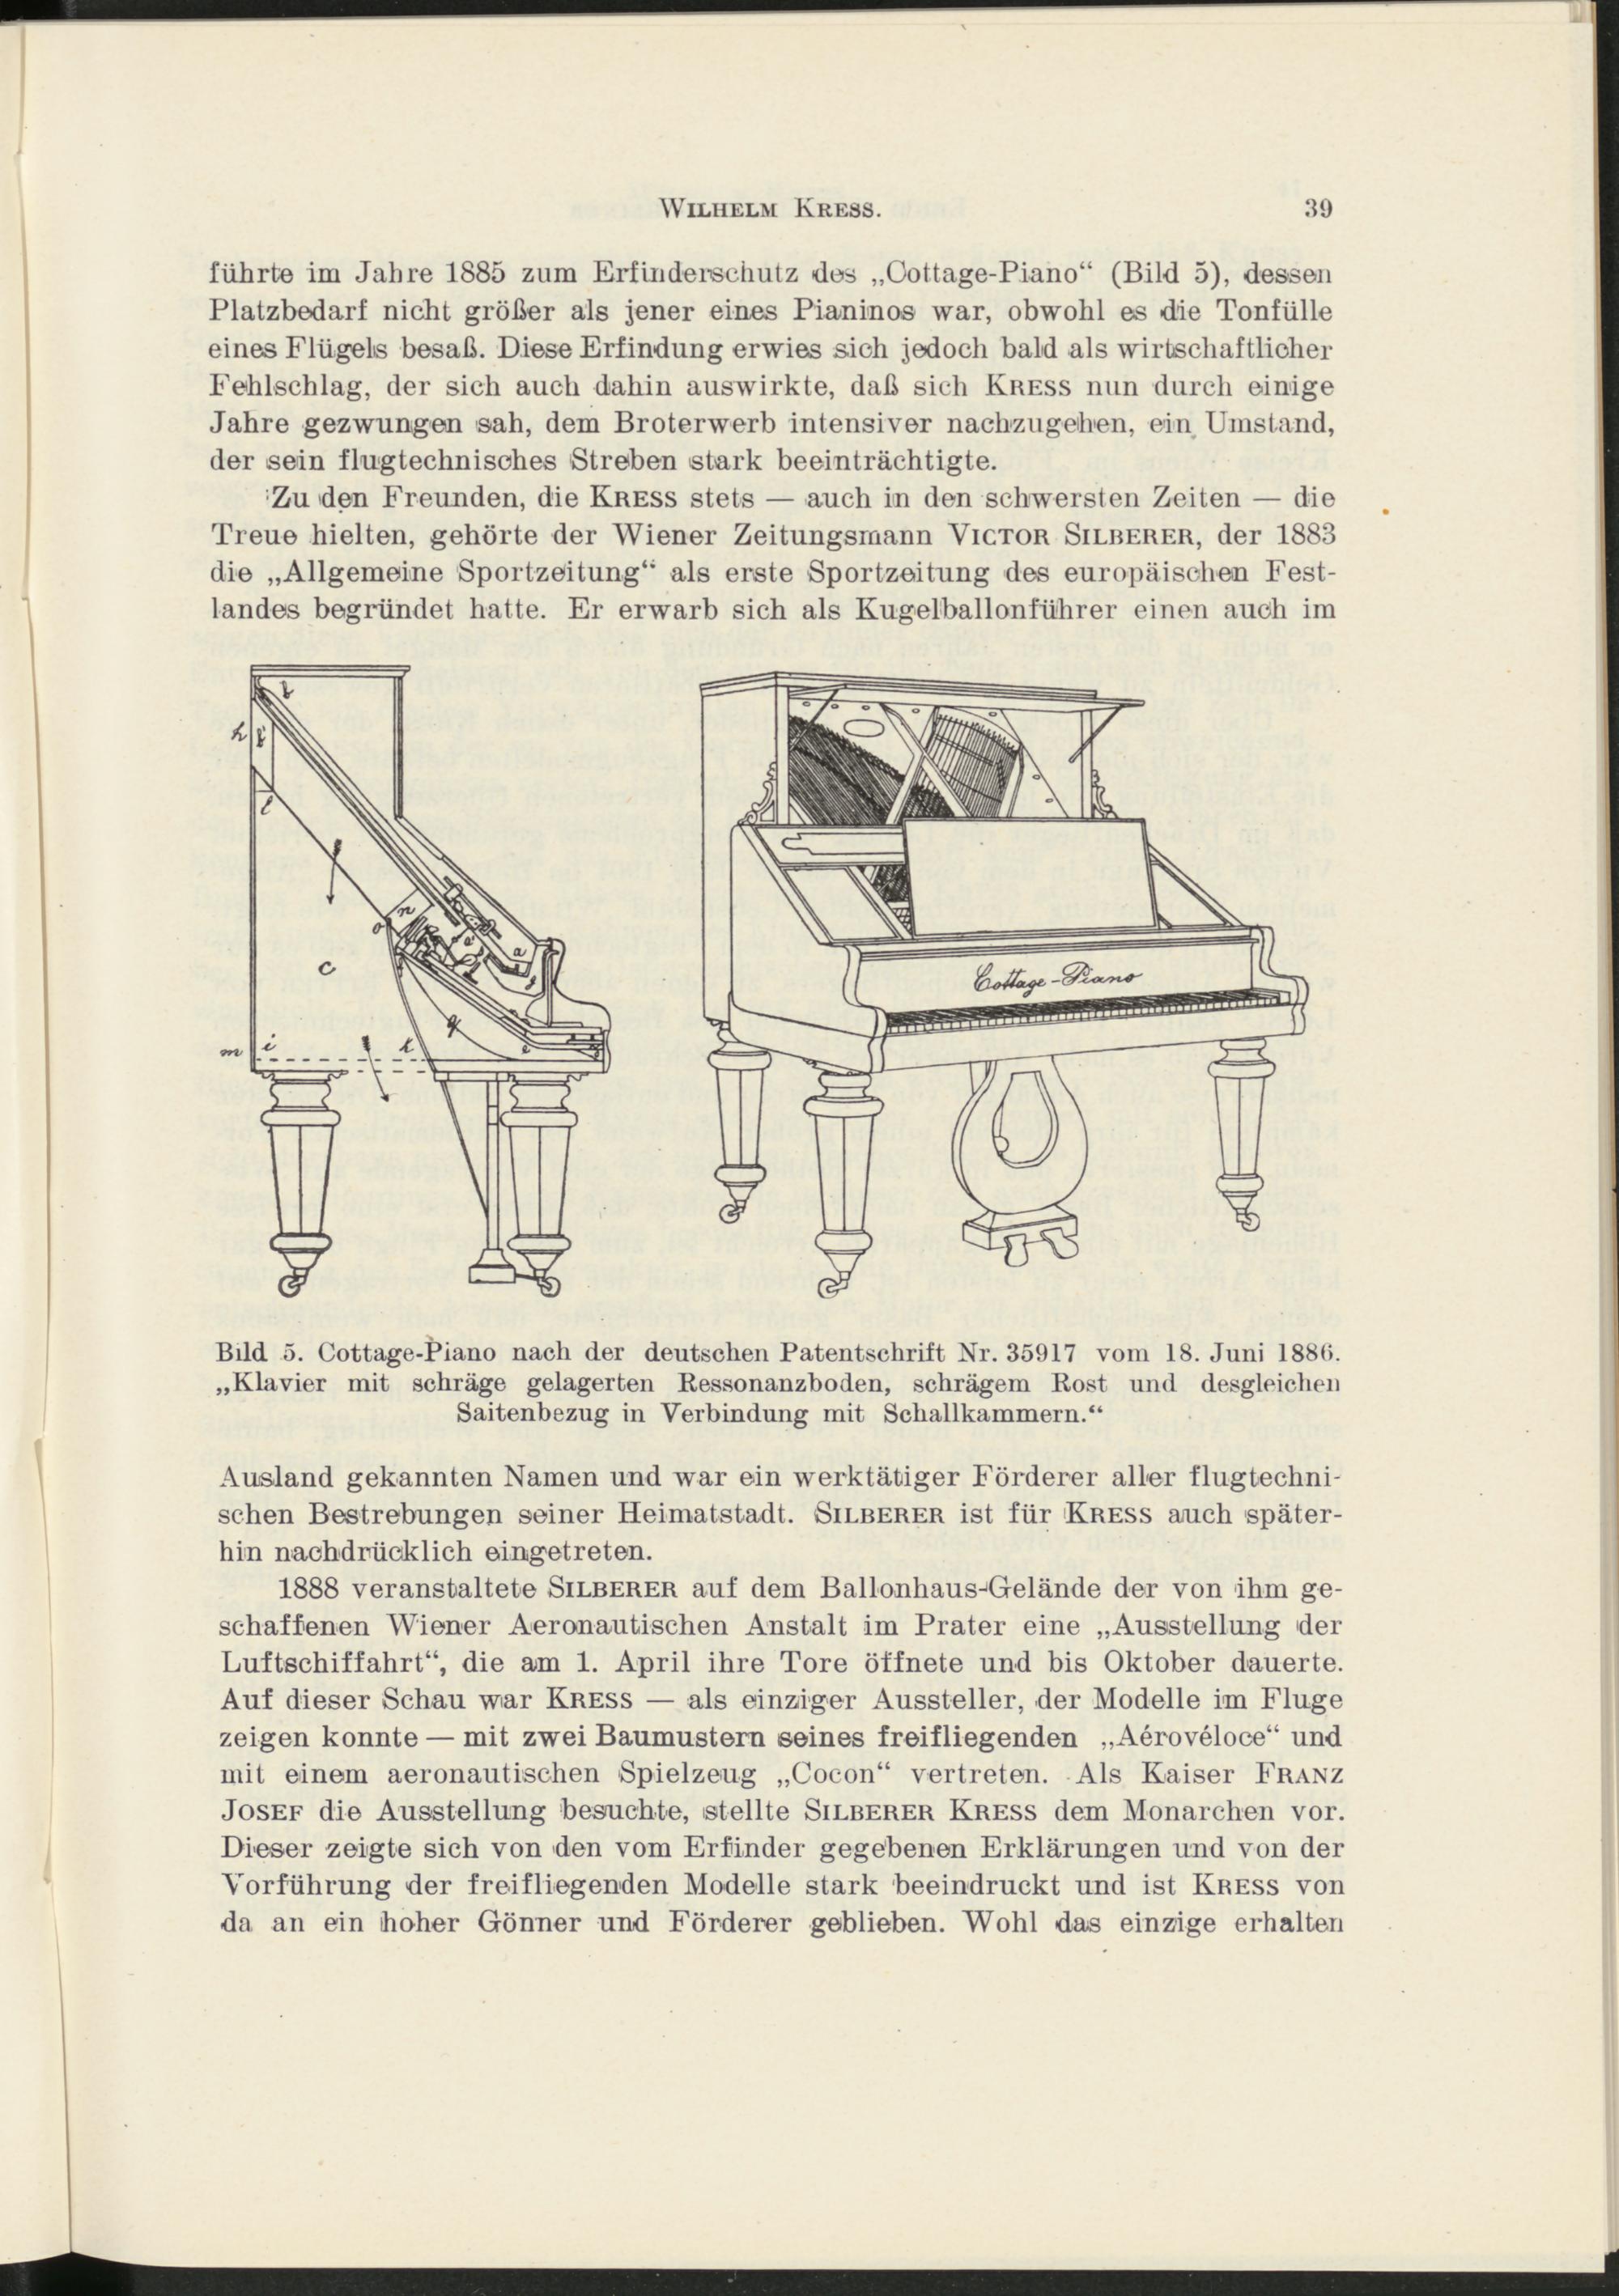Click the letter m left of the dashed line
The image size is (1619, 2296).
click(232, 1053)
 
